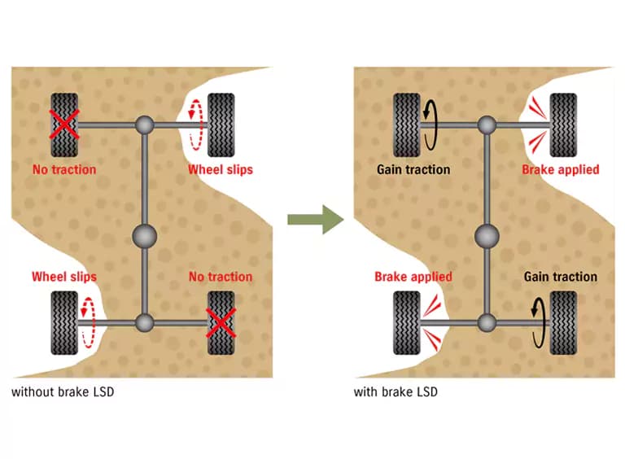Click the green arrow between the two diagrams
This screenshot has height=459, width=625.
315,220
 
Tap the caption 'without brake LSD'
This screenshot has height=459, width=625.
63,392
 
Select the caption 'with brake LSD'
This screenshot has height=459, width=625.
396,392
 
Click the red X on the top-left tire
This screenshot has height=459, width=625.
64,125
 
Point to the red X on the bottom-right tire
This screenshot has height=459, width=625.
221,323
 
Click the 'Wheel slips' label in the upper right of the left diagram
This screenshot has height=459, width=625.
221,170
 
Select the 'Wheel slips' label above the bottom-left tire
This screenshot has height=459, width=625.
64,277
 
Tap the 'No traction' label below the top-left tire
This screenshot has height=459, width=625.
64,170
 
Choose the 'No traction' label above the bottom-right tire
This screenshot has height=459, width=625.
221,277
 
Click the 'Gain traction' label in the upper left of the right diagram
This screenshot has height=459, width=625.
413,170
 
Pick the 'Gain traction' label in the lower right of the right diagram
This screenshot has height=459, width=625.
561,277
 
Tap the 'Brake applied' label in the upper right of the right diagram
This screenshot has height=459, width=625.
561,170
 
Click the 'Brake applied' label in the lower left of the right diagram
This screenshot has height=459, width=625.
413,277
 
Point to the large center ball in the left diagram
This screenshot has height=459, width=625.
144,236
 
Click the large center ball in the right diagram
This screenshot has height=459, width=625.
487,236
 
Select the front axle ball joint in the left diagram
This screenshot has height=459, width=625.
144,125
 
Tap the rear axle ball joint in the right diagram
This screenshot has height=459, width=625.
487,323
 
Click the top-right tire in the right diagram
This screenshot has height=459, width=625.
563,125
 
